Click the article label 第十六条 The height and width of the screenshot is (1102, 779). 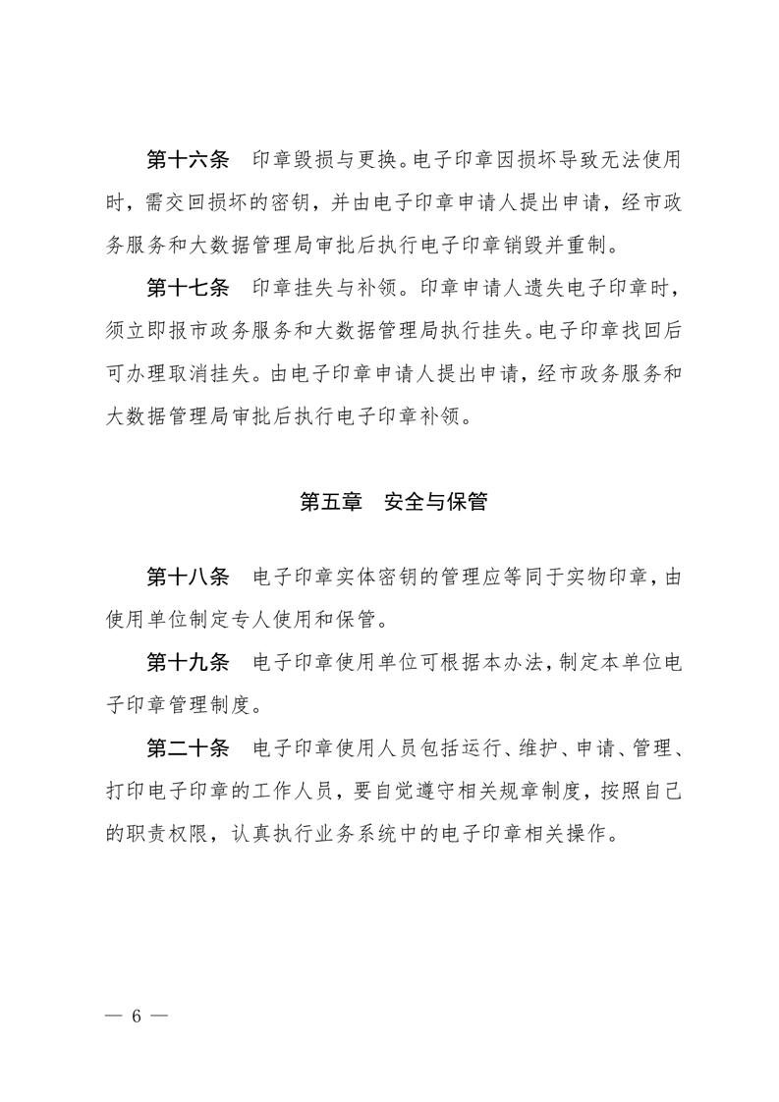[187, 159]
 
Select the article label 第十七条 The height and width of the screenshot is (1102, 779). [187, 288]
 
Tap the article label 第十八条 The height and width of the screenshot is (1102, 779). [187, 577]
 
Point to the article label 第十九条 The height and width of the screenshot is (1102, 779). [187, 663]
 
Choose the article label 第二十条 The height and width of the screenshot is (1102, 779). [187, 749]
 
